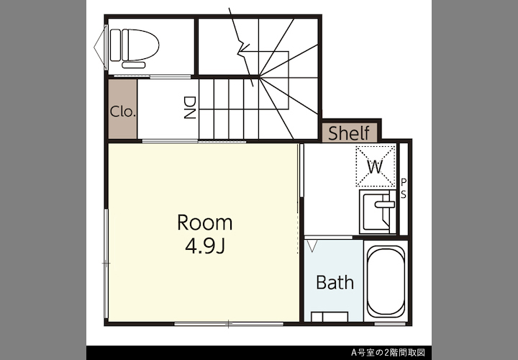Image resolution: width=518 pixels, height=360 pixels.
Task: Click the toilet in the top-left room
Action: click(135, 45)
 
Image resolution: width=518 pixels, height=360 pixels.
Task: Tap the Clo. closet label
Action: click(123, 112)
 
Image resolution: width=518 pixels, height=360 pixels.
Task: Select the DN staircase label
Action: click(190, 107)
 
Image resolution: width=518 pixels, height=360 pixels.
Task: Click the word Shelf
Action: click(349, 133)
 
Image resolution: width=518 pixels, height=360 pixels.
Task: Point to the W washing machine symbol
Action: click(376, 166)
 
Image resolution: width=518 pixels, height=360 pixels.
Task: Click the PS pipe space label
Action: click(404, 189)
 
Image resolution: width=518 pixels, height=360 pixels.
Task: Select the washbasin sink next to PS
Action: click(378, 212)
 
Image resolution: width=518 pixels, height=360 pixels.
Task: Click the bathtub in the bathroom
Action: click(386, 282)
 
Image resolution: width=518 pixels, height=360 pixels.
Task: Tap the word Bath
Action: click(335, 282)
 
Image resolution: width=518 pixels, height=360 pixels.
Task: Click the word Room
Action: click(205, 222)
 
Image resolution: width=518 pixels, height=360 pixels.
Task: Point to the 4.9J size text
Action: click(205, 246)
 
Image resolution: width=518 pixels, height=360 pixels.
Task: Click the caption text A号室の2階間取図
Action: click(388, 352)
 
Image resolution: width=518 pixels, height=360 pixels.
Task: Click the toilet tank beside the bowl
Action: click(115, 45)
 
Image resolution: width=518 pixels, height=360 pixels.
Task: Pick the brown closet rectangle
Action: click(123, 109)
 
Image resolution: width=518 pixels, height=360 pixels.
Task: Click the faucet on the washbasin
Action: click(384, 204)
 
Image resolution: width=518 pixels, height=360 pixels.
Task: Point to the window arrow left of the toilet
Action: click(101, 45)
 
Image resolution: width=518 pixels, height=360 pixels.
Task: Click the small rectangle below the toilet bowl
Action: click(134, 65)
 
